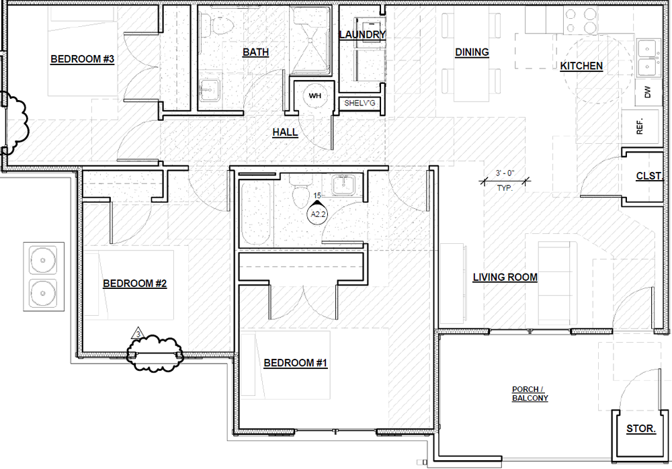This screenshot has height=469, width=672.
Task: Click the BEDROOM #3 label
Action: pos(82,59)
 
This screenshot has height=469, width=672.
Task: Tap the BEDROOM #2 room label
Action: pos(134,284)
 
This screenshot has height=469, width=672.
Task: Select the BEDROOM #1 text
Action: pos(295,363)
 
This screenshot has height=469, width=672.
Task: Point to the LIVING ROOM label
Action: pos(505,278)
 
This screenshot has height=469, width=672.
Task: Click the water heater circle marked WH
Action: pos(315,95)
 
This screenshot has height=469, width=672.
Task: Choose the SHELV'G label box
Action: pos(360,103)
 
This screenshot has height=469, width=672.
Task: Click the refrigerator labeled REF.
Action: pos(640,127)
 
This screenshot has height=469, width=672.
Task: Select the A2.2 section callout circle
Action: pos(318,214)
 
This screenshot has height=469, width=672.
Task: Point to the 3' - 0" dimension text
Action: pos(505,173)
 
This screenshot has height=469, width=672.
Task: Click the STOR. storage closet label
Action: pos(640,429)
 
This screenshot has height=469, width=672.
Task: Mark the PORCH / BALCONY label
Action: pos(530,394)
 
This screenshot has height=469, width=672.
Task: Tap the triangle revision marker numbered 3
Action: pos(138,333)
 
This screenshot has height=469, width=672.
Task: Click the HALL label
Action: pos(285,132)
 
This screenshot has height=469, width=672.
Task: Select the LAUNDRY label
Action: pos(362,35)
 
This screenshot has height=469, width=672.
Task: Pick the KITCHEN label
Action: pos(581,66)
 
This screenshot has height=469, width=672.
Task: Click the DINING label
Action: pos(472,52)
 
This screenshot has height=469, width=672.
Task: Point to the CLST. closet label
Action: pos(649,176)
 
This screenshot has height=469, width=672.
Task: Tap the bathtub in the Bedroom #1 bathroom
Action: pos(256,214)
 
